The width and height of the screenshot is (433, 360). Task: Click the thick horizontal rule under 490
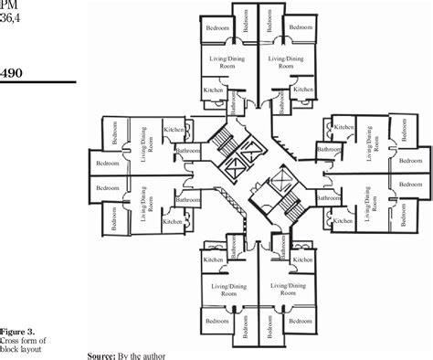point(37,83)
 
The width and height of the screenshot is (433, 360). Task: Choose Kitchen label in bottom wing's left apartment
point(214,259)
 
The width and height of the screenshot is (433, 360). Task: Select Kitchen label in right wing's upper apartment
point(343,127)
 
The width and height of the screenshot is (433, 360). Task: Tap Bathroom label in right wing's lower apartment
point(329,197)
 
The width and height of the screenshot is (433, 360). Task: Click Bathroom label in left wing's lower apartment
point(188,199)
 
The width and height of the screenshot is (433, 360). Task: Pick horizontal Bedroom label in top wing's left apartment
point(217,28)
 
